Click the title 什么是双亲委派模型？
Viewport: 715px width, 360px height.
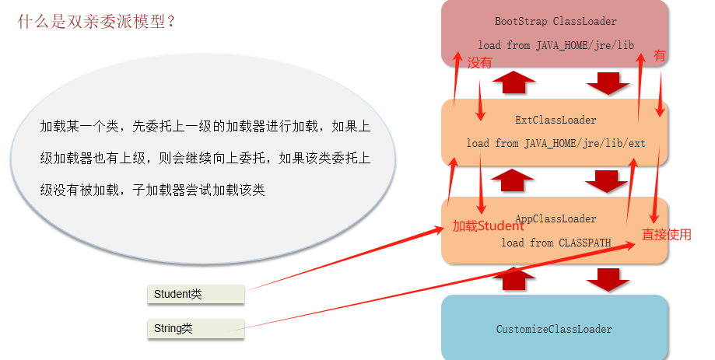[x=96, y=21]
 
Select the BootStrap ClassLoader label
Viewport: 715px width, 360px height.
[x=556, y=22]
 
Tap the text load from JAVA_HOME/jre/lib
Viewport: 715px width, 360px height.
[x=556, y=46]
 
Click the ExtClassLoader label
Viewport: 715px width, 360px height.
[x=556, y=121]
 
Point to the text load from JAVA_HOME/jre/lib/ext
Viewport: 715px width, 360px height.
[x=556, y=144]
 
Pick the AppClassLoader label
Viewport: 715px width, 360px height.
[x=556, y=219]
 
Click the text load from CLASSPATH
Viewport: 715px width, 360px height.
[x=556, y=243]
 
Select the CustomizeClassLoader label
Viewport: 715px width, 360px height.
[x=554, y=329]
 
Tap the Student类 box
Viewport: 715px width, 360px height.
[x=195, y=294]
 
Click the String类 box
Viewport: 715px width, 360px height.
[x=195, y=329]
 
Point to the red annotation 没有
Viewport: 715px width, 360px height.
[x=480, y=64]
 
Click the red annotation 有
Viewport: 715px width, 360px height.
[x=659, y=56]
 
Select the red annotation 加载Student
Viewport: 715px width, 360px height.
[x=488, y=227]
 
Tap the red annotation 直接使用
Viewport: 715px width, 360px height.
[x=666, y=234]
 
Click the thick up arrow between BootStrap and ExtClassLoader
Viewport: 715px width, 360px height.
[x=513, y=82]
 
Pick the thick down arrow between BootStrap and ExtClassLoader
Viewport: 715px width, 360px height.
[x=608, y=82]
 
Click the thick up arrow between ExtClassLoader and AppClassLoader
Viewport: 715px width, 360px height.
[x=513, y=180]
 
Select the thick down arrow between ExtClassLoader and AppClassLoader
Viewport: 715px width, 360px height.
[x=608, y=180]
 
